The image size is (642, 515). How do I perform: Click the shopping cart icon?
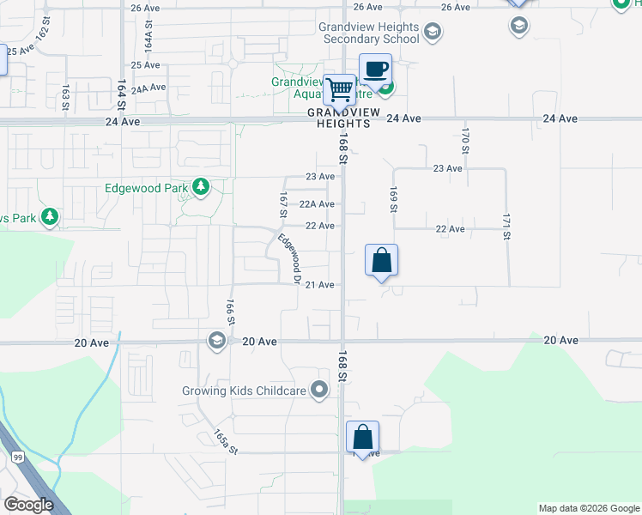coord(341,88)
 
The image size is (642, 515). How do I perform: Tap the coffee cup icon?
coord(375,69)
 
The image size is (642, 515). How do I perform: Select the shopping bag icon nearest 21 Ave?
coord(381,260)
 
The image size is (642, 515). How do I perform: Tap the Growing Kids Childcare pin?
coord(320,391)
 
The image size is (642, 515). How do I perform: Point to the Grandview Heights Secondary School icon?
coord(433,33)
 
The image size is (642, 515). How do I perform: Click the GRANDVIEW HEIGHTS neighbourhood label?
coord(340,118)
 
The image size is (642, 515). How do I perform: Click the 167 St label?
coord(283,207)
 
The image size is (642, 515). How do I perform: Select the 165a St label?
coord(223,441)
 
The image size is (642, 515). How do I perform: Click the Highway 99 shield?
coord(16,457)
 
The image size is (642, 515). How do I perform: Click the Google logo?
coord(27,505)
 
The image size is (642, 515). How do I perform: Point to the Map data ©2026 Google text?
coord(588,508)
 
